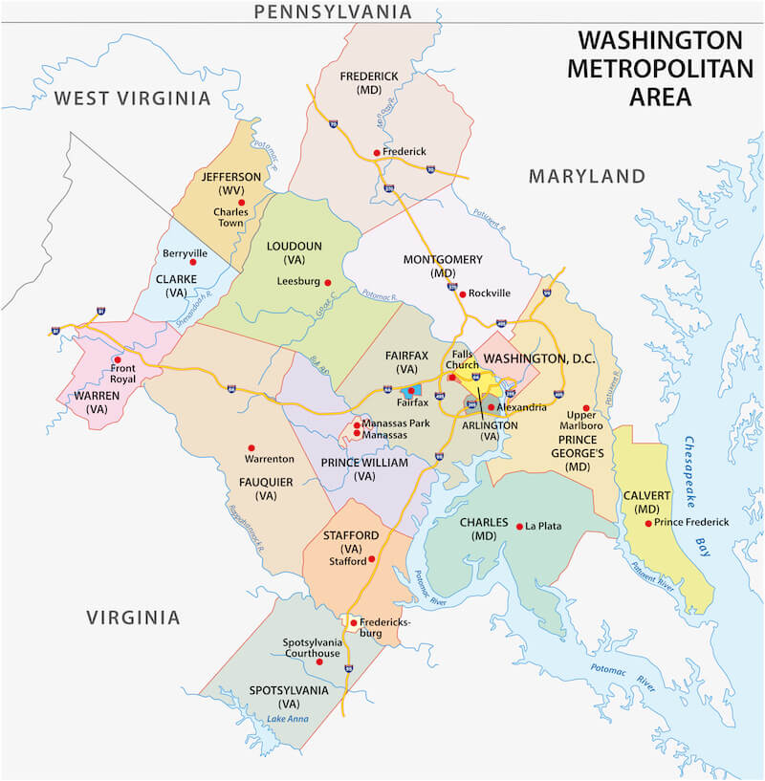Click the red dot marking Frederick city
pyautogui.click(x=376, y=152)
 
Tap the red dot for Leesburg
pyautogui.click(x=327, y=282)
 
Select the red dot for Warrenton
pyautogui.click(x=251, y=447)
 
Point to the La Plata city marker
pyautogui.click(x=519, y=526)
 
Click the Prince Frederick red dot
pyautogui.click(x=648, y=523)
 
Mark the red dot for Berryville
pyautogui.click(x=192, y=261)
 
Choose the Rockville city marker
pyautogui.click(x=462, y=293)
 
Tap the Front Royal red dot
pyautogui.click(x=118, y=360)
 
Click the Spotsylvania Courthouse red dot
pyautogui.click(x=319, y=662)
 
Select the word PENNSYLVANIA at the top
pyautogui.click(x=332, y=11)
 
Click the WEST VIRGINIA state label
pyautogui.click(x=131, y=98)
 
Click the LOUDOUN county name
pyautogui.click(x=295, y=246)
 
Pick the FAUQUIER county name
pyautogui.click(x=266, y=482)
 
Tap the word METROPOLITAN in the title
pyautogui.click(x=660, y=69)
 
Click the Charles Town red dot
pyautogui.click(x=242, y=203)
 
